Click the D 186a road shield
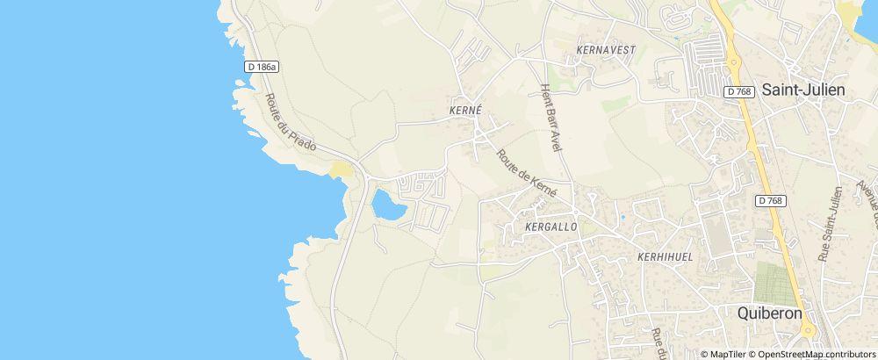[x=261, y=67]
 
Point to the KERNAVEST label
[x=606, y=50]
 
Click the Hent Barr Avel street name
[x=551, y=118]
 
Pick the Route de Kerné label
[x=527, y=171]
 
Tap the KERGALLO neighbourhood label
[x=550, y=227]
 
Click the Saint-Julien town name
[x=802, y=90]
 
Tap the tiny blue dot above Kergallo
[x=623, y=216]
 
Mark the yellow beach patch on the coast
[x=341, y=169]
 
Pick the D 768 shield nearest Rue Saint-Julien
[x=770, y=201]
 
